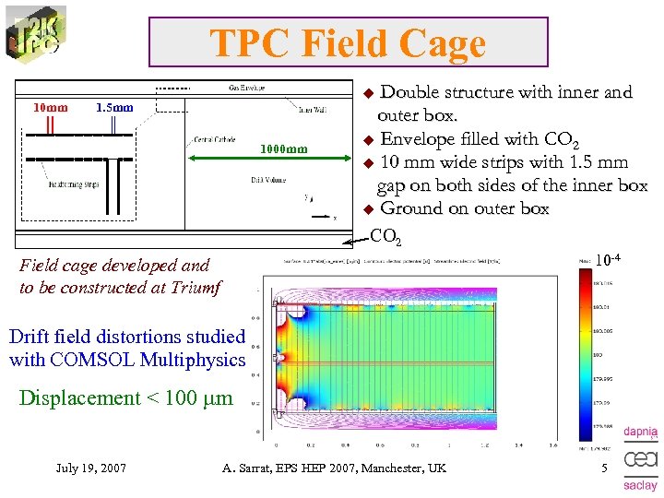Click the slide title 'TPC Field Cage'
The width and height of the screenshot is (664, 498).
click(348, 43)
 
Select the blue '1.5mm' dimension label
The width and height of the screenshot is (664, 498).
click(115, 108)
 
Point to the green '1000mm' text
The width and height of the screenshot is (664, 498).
click(284, 148)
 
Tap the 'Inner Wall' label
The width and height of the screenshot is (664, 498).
click(312, 110)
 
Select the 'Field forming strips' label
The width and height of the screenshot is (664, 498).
click(73, 184)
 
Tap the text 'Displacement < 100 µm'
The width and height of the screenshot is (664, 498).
click(125, 398)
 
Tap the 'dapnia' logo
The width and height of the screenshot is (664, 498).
click(640, 432)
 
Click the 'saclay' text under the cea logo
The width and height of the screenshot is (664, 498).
click(640, 485)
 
